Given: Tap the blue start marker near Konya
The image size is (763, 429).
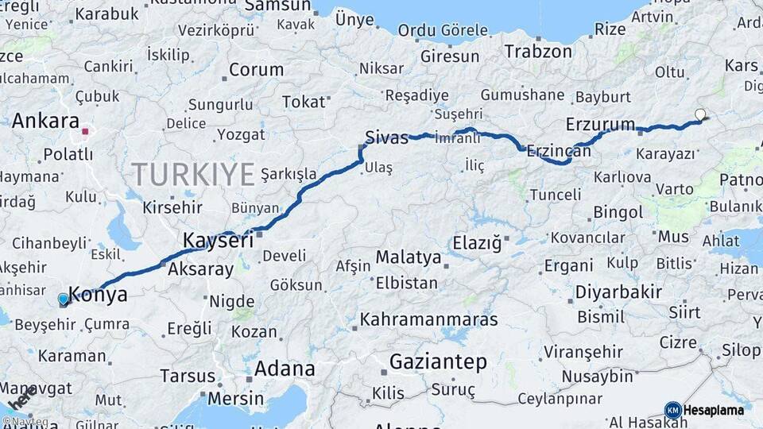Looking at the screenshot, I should tap(64, 300).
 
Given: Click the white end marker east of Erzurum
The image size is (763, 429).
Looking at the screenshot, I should tap(700, 114).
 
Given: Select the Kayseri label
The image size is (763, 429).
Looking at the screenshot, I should tap(218, 240).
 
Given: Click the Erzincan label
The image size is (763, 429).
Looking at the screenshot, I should tap(559, 151).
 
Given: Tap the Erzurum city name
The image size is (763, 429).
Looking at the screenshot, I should tap(600, 124).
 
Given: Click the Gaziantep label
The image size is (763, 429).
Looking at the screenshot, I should tap(438, 362).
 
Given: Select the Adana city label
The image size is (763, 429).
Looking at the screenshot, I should tap(285, 369).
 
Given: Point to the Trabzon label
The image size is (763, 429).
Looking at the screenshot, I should tap(538, 52).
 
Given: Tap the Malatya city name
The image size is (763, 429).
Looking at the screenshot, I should tap(408, 257).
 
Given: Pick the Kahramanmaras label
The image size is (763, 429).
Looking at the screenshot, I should tap(429, 320).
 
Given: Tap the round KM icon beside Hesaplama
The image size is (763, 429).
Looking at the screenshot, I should tap(672, 411).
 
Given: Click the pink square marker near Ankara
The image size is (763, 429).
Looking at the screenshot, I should tap(85, 130).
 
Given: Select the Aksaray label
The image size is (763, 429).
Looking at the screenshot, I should tap(200, 269).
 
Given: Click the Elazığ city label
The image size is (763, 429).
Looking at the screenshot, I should tap(477, 242).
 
